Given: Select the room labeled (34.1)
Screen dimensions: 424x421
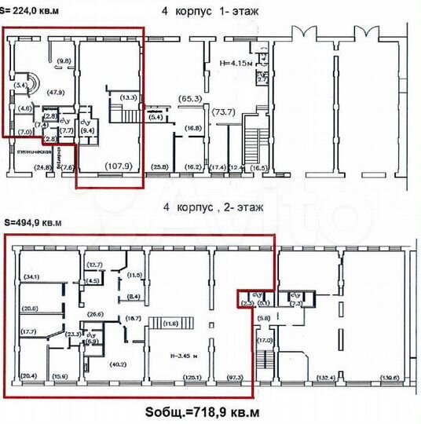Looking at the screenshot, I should [31, 276].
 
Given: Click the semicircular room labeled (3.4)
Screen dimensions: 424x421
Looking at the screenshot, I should [20, 84].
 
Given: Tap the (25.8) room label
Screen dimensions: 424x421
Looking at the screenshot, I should [160, 166].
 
